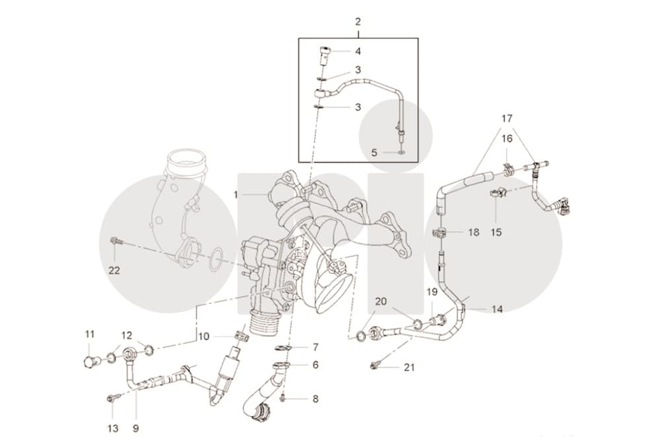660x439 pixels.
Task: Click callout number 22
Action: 114,270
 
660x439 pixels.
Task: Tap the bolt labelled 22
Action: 115,241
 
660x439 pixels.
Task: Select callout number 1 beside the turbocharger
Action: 236,194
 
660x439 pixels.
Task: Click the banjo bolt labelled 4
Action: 324,56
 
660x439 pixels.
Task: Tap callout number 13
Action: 114,428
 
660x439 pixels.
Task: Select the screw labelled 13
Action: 114,397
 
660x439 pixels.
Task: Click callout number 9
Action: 135,428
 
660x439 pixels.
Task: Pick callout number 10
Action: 204,337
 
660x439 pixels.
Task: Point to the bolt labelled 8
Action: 284,397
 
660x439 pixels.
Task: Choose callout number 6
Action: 315,364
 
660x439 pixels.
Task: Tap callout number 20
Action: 381,301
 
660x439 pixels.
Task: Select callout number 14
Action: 497,309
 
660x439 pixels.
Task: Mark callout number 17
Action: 507,118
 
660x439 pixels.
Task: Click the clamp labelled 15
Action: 496,193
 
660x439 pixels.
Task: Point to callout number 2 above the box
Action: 358,22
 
